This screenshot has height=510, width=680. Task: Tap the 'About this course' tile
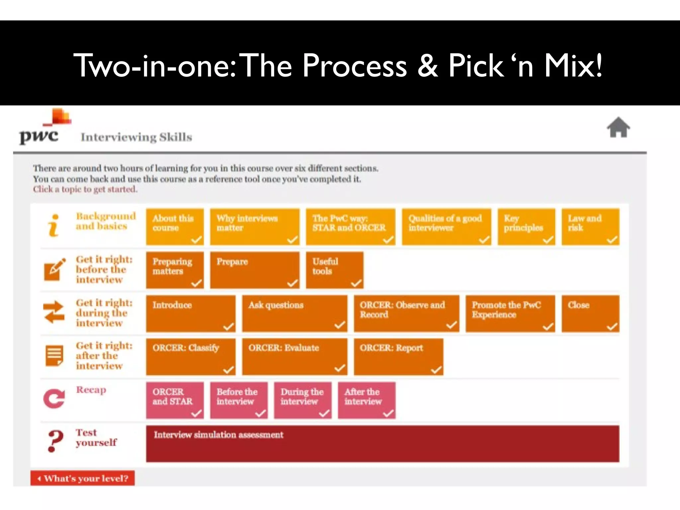pos(175,227)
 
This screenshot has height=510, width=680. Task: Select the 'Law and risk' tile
pos(590,227)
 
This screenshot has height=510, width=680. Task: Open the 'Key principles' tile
pos(526,227)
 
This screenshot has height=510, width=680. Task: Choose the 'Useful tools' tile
pos(334,270)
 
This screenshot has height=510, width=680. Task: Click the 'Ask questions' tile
pos(294,313)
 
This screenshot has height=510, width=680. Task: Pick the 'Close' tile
pos(590,313)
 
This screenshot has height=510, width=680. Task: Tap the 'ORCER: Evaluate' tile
pos(294,357)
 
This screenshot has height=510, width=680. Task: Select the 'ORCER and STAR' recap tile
pos(175,400)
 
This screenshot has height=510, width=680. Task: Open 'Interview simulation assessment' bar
pos(382,444)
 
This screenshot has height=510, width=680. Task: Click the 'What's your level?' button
pos(83,478)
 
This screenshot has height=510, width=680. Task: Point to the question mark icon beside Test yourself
pos(55,441)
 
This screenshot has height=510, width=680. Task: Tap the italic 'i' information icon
pos(53,225)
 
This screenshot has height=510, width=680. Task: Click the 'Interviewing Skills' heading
pos(136,137)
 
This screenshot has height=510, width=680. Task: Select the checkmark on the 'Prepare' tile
pos(292,283)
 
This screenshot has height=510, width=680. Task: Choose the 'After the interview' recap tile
pos(366,400)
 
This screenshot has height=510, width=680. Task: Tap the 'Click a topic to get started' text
pos(85,189)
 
